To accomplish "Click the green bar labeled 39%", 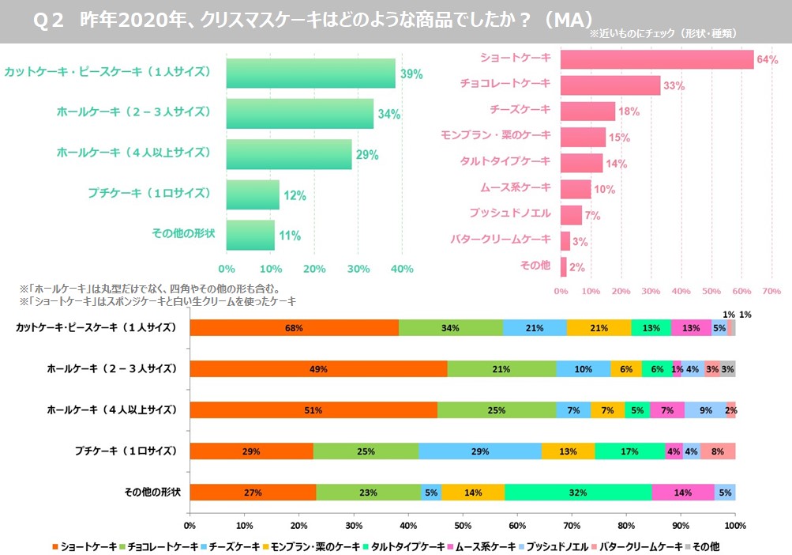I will (x=310, y=74).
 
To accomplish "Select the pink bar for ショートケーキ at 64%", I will (x=657, y=59).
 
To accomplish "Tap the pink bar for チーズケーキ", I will (x=587, y=111).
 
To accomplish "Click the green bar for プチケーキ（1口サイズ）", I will (x=253, y=194).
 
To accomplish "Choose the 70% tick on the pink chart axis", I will (x=771, y=291).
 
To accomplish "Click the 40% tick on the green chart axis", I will (x=402, y=269).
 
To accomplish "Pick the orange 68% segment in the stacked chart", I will (x=294, y=328).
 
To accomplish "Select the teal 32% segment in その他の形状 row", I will (x=578, y=493).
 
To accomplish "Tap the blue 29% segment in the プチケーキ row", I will (x=480, y=451).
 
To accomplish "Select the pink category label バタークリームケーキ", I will (x=500, y=240).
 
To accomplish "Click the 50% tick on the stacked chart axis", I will (x=463, y=525).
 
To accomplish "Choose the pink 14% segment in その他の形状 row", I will (x=683, y=493).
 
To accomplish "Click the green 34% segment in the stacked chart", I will (x=451, y=328).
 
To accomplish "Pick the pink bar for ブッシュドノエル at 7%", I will (x=571, y=214).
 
